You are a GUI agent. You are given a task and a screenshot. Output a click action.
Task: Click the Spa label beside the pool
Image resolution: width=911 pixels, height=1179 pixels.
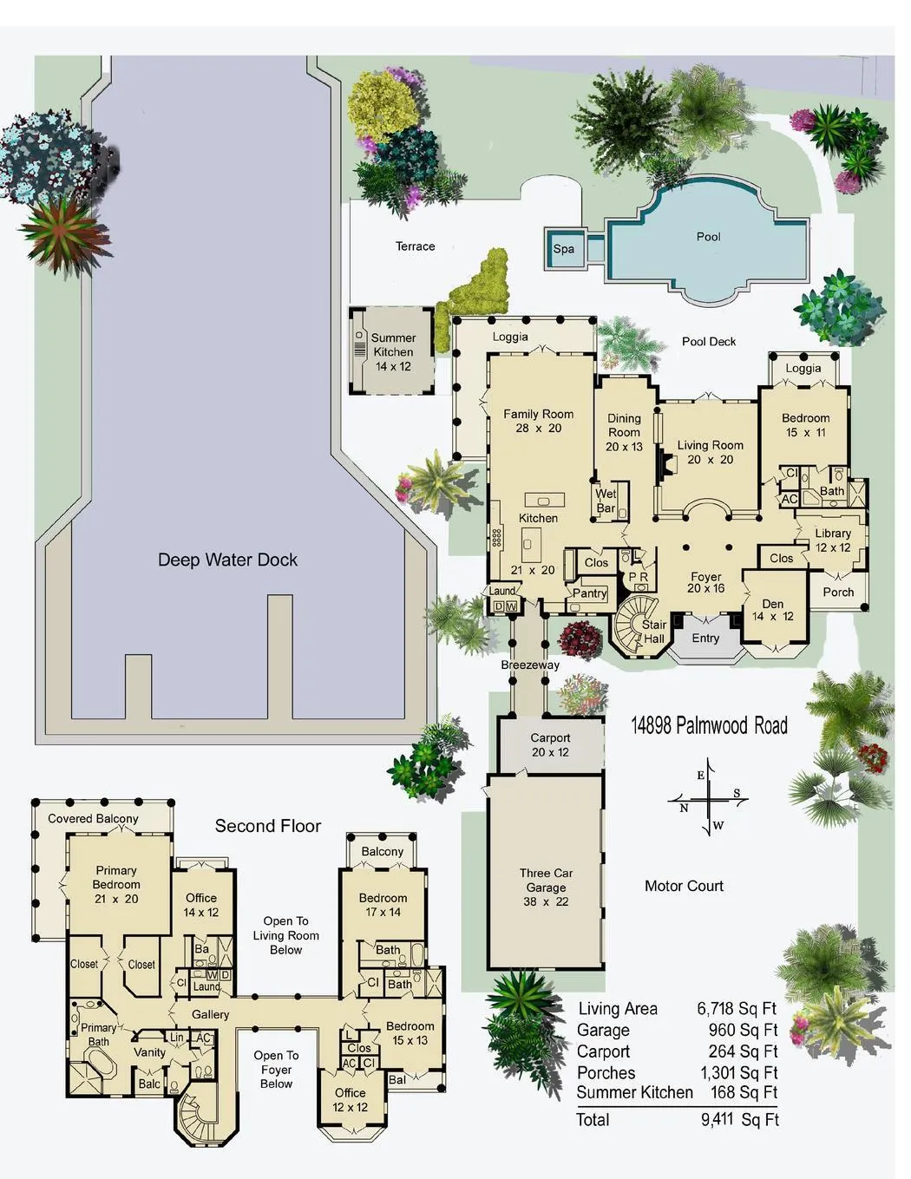[x=563, y=249]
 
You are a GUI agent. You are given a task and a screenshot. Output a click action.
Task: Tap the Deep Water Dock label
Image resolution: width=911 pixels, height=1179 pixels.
[x=227, y=560]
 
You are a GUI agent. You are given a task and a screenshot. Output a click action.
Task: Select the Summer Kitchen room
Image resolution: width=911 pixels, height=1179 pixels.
[x=393, y=351]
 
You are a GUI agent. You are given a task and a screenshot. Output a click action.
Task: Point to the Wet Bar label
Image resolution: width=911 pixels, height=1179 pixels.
[x=606, y=501]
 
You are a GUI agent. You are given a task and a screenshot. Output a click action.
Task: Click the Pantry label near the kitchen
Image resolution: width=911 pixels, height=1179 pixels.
[x=589, y=593]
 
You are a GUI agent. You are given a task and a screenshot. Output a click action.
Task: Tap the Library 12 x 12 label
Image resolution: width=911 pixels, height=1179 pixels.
[x=832, y=540]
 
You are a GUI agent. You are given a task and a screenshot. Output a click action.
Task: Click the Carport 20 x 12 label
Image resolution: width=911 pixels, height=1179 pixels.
[x=550, y=744]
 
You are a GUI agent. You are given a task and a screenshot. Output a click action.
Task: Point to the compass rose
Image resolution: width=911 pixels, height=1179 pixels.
[x=707, y=799]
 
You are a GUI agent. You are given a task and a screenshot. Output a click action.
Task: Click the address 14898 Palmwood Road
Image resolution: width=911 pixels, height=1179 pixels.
[x=709, y=725]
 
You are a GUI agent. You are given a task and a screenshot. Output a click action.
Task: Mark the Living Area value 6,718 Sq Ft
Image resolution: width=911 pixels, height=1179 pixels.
[x=737, y=1008]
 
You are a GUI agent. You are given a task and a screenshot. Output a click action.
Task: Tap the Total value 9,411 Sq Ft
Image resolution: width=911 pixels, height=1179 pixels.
[x=739, y=1119]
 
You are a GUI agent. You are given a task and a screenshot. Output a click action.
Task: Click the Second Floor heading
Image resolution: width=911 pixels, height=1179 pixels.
[x=268, y=825]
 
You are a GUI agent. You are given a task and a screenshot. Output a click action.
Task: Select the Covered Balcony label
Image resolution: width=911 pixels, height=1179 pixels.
[x=93, y=818]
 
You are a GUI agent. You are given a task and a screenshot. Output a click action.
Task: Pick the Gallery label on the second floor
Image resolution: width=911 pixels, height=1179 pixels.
[x=210, y=1014]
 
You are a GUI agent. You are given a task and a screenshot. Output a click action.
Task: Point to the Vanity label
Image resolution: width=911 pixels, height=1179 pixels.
[x=149, y=1052]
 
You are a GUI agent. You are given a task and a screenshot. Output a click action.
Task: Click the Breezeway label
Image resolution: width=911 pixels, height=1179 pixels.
[x=530, y=665]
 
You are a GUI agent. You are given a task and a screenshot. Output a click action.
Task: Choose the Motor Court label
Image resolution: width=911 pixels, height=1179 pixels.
[x=684, y=886]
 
